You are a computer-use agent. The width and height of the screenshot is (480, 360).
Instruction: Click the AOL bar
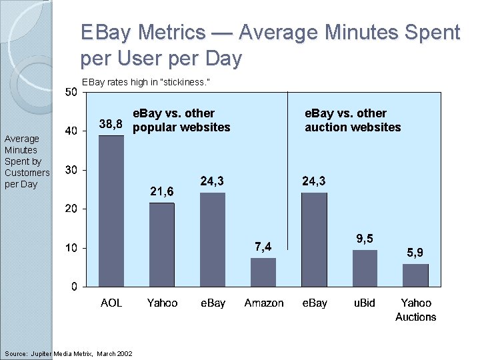111,211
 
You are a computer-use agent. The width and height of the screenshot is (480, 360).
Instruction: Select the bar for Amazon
263,272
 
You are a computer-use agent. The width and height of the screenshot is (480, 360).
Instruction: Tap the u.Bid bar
365,268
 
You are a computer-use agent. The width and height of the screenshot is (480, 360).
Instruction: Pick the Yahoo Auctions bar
415,275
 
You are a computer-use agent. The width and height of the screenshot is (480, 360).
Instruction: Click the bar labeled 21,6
161,245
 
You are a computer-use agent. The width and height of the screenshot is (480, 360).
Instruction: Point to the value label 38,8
111,124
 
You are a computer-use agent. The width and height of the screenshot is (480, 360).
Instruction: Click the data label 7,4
263,247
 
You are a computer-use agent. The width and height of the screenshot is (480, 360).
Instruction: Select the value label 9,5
365,238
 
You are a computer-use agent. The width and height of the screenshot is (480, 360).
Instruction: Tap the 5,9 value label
415,253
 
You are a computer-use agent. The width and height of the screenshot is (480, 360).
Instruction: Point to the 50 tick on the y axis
71,92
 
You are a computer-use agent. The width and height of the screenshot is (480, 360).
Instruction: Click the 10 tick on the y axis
71,248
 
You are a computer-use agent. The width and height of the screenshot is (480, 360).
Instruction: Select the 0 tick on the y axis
73,287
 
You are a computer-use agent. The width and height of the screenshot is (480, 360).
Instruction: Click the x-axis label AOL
111,303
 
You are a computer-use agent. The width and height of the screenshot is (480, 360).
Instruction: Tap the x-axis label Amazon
263,303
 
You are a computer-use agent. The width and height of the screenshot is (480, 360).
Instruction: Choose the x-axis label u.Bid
365,303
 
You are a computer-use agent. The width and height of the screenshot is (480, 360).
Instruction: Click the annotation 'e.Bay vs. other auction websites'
353,121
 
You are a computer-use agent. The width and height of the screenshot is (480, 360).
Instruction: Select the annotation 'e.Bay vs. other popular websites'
181,121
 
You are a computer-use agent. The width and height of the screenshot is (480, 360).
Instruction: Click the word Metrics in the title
176,32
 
